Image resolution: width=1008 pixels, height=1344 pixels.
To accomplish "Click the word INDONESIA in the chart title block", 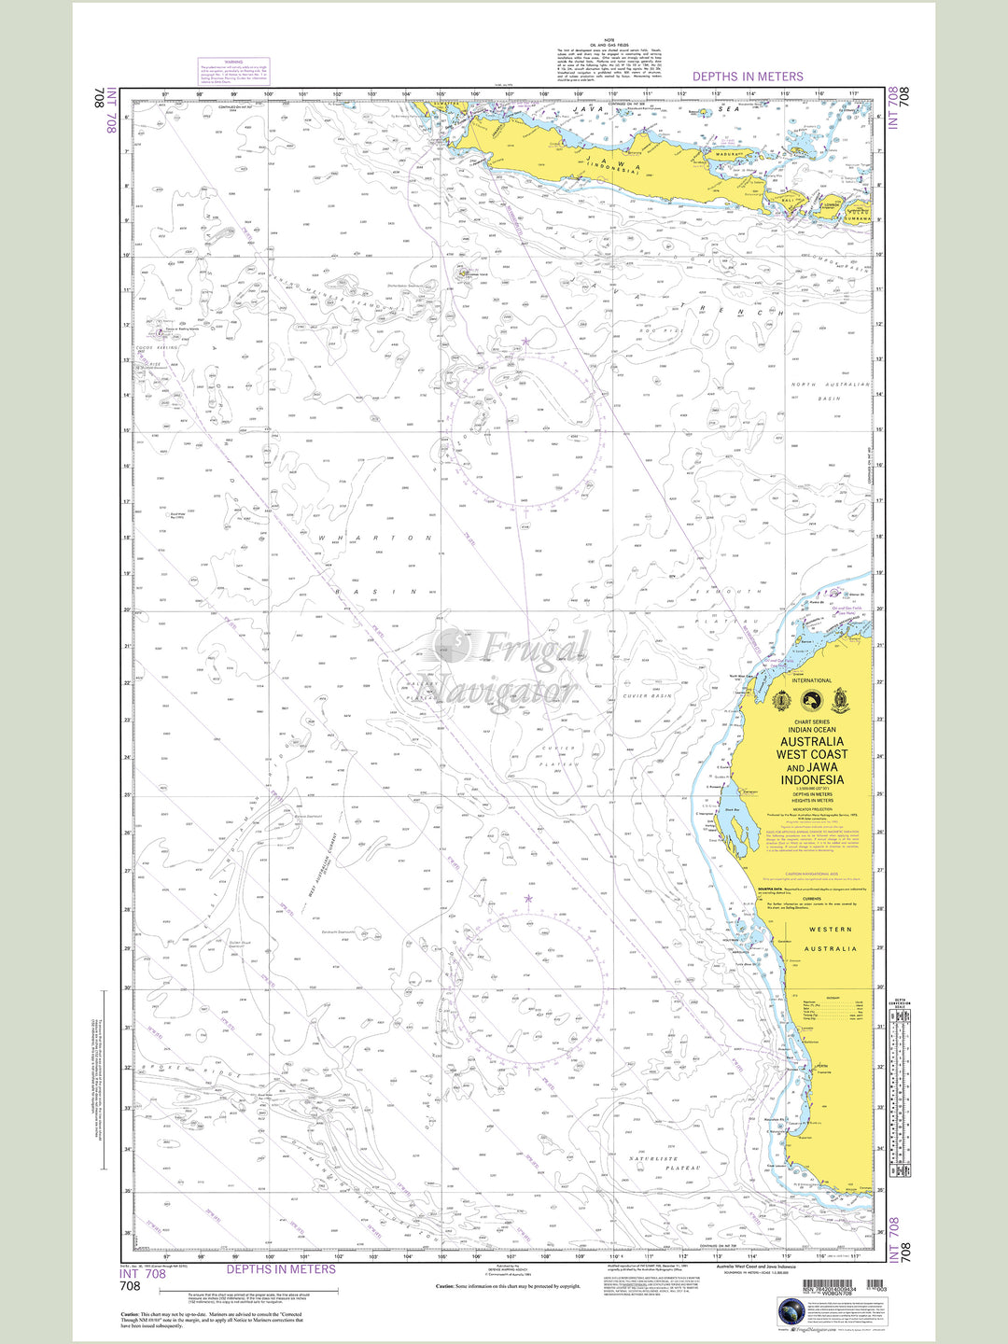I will coord(812,780).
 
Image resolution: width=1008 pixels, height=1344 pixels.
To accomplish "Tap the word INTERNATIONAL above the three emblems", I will coord(811,680).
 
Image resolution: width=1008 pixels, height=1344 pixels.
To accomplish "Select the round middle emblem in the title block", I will coord(811,700).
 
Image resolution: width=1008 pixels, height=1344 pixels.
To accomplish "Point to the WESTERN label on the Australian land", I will coord(830,930).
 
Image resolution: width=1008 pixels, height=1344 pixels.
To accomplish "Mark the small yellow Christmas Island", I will coord(464,273).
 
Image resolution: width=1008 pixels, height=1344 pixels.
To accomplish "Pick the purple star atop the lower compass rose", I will coord(528,899).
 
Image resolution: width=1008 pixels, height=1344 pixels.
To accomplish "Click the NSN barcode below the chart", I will coord(835,1286).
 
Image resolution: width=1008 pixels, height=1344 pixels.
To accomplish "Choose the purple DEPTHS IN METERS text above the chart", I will coord(747,77).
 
